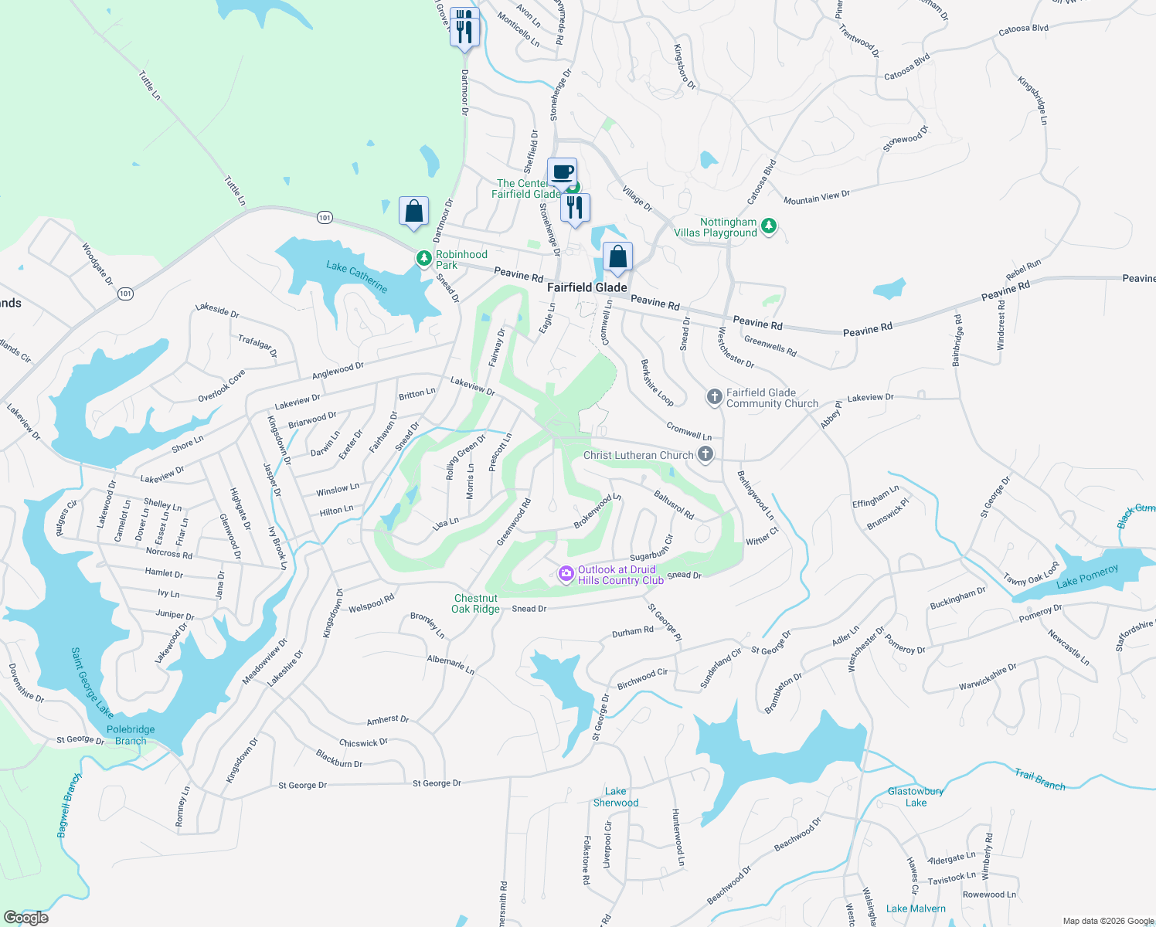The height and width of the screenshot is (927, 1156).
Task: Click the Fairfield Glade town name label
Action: point(586,287)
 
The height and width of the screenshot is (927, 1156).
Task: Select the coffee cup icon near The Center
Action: point(562,172)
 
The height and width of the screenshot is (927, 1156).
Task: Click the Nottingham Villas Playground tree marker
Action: point(768,226)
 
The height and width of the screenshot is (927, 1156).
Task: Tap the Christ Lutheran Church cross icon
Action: point(705,454)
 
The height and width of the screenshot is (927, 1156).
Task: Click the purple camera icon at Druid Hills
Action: point(566,574)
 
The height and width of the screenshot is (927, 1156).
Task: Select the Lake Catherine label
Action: point(356,277)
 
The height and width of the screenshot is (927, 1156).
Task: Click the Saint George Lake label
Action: point(92,682)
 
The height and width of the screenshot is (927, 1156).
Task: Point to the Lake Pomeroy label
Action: point(1087,576)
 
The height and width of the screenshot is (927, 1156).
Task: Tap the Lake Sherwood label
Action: point(616,797)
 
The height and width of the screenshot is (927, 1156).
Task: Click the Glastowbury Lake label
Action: point(916,796)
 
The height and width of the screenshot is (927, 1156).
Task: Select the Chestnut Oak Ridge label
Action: point(475,603)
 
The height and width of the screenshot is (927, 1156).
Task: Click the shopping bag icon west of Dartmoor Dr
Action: point(413,211)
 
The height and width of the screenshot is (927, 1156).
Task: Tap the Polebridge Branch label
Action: point(131,735)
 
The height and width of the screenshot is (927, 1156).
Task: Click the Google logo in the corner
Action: point(25,917)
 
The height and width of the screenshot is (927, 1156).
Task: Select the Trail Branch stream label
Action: point(1039,780)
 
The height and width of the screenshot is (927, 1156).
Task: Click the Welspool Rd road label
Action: point(372,603)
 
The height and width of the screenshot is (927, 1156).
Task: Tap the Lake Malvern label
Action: point(916,908)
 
